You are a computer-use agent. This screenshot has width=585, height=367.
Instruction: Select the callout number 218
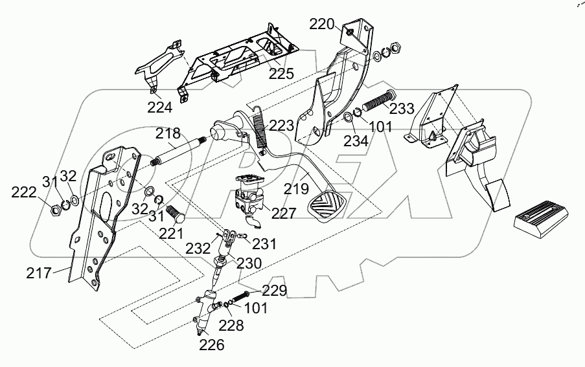pyautogui.click(x=168, y=134)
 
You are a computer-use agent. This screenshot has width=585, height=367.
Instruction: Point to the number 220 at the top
pyautogui.click(x=321, y=25)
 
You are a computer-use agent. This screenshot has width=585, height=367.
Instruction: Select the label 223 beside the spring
pyautogui.click(x=282, y=125)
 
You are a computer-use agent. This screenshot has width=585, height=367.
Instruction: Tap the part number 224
pyautogui.click(x=159, y=107)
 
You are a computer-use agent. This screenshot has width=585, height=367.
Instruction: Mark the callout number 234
pyautogui.click(x=356, y=140)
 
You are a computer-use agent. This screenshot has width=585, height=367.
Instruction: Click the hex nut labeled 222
pyautogui.click(x=56, y=208)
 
